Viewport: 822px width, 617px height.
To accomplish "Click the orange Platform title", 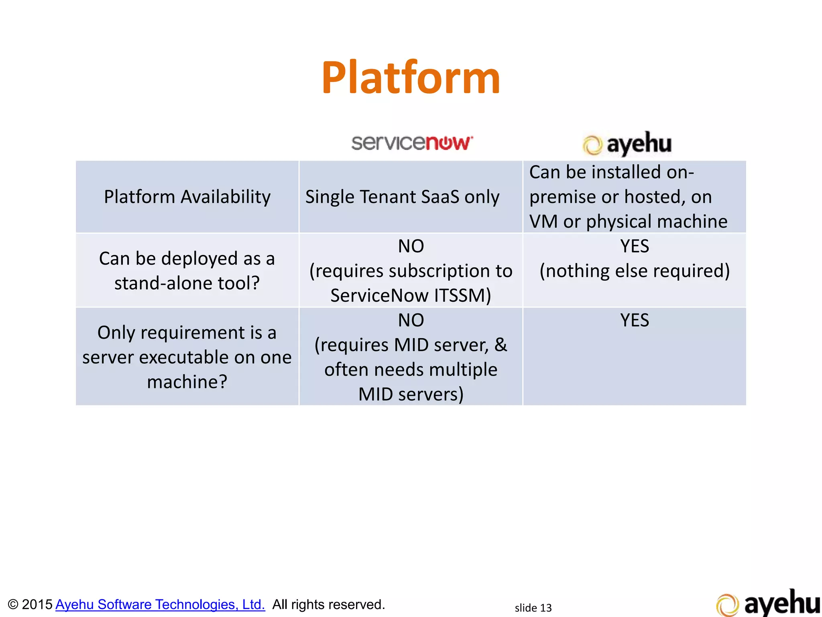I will coord(411,78).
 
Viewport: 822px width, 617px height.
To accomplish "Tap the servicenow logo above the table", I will coord(412,143).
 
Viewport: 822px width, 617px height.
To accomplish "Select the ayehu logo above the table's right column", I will coord(627,144).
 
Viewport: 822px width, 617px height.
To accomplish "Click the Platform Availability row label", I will coord(187,197).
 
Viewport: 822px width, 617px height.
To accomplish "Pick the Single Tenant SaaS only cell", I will coord(402,197).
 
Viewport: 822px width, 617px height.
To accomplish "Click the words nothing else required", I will coord(634,271).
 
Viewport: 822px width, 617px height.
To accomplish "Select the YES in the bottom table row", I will coord(634,320).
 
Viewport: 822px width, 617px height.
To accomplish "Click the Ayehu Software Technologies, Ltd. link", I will coord(160,604).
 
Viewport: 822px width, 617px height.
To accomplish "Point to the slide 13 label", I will coord(533,608).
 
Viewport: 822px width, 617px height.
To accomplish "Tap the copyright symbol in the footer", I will coord(13,605).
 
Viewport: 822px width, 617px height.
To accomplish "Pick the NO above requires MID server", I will coord(411,320).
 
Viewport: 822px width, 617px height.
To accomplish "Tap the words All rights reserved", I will coord(328,604).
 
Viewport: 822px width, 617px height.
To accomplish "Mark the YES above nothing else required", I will coord(634,246).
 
